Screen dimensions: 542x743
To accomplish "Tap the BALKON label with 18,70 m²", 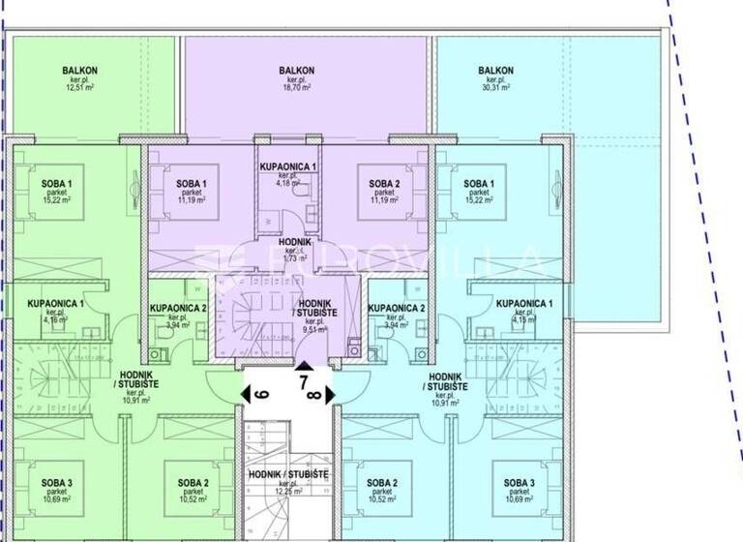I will pyautogui.click(x=296, y=70).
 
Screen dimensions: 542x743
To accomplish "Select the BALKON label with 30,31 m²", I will pyautogui.click(x=495, y=70).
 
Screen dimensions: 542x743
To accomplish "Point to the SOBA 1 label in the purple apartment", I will pyautogui.click(x=192, y=184).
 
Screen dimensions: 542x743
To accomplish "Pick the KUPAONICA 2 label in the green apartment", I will pyautogui.click(x=179, y=309).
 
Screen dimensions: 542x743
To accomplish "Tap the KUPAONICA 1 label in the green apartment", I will pyautogui.click(x=55, y=304).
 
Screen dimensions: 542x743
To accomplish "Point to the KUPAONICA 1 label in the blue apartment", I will pyautogui.click(x=525, y=304).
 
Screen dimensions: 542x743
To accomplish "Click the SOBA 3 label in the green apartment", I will pyautogui.click(x=55, y=482).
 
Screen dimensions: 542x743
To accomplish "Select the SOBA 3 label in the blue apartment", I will pyautogui.click(x=519, y=482).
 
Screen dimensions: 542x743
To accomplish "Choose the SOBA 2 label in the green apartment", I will pyautogui.click(x=193, y=482).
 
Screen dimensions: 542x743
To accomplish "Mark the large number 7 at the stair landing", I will pyautogui.click(x=304, y=381).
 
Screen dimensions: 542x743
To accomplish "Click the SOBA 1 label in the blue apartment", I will pyautogui.click(x=478, y=184).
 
